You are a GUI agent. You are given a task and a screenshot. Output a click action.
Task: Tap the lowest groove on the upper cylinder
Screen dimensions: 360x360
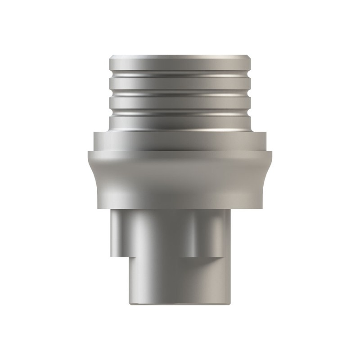pos(180,111)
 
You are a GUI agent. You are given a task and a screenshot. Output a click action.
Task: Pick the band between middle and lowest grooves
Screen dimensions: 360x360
pos(180,103)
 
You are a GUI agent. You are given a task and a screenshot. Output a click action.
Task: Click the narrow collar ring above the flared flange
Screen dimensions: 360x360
pos(180,141)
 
